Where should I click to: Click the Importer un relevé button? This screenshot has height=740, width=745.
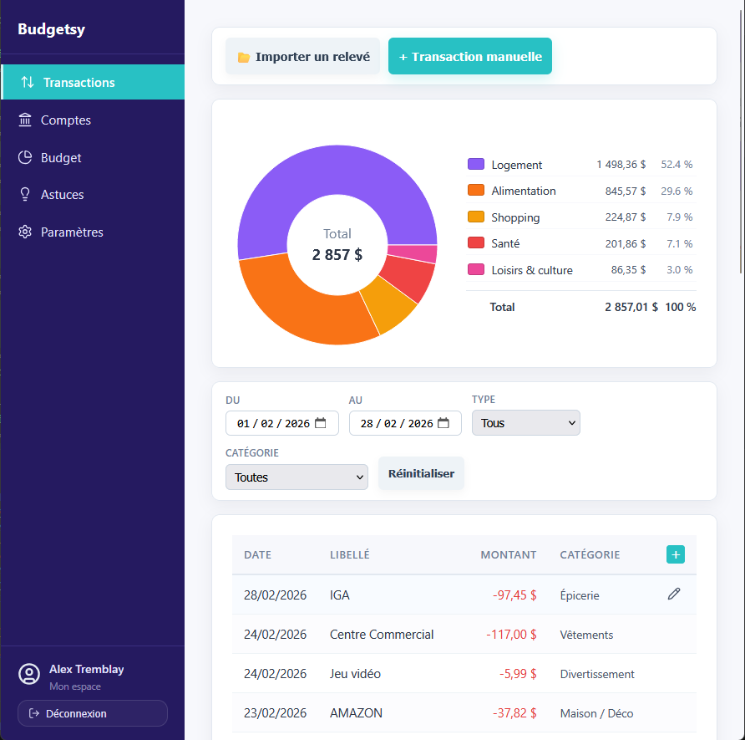302,57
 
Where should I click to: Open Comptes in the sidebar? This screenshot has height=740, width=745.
66,120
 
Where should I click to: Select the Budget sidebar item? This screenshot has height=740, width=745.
61,158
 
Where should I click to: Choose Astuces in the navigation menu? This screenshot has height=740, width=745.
63,195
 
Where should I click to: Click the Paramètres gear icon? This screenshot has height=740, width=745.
25,232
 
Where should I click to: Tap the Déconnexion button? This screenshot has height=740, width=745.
93,713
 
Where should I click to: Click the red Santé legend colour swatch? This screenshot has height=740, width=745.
476,243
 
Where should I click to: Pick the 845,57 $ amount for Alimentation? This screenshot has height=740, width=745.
626,191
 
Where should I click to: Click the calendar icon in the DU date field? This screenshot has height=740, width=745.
321,423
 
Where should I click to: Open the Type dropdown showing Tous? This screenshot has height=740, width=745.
525,423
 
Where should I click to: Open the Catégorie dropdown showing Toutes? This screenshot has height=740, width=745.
296,477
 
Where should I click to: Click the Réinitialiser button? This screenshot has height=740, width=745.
421,473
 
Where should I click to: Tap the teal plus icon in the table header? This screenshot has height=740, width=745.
675,554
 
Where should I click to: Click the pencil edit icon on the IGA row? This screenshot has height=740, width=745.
674,594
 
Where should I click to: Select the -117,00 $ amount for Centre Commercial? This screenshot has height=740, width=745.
511,635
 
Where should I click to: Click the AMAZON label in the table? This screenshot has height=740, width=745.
356,713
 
